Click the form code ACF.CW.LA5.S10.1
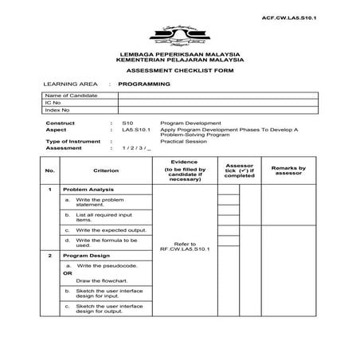pyautogui.click(x=306, y=16)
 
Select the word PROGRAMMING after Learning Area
pyautogui.click(x=144, y=83)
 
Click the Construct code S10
pyautogui.click(x=127, y=124)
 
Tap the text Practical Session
pyautogui.click(x=183, y=140)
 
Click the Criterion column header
pyautogui.click(x=105, y=170)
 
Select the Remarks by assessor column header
pyautogui.click(x=288, y=170)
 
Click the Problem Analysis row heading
pyautogui.click(x=89, y=190)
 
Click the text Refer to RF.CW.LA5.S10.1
pyautogui.click(x=184, y=247)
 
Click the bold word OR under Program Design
pyautogui.click(x=68, y=273)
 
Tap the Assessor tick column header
pyautogui.click(x=239, y=170)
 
